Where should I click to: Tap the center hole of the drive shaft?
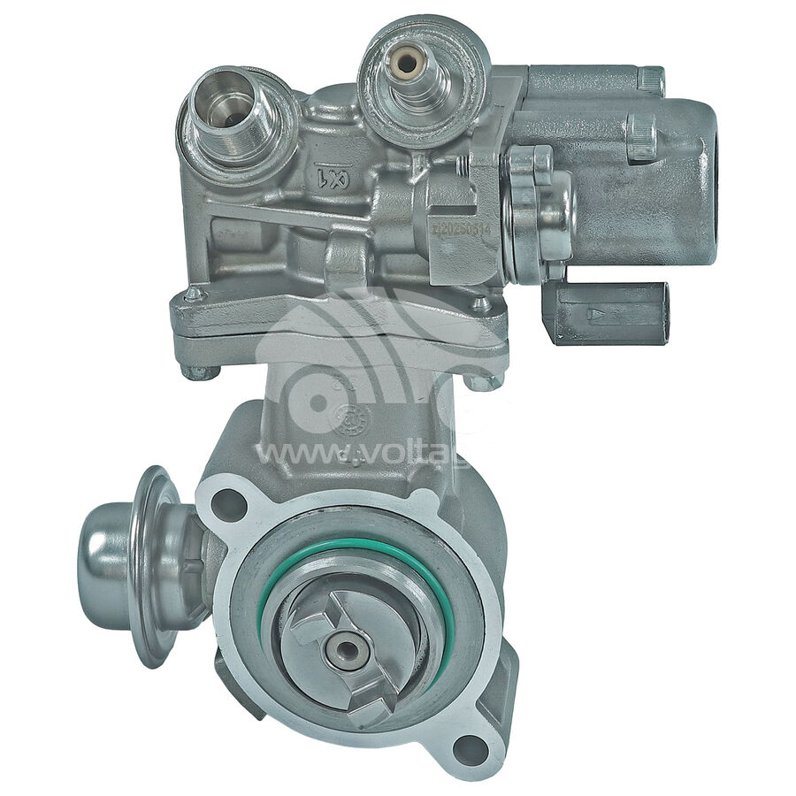pos(346,649)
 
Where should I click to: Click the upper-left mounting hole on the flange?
pos(227,504)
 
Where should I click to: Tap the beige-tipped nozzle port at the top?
pos(408,63)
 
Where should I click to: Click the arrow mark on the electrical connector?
pos(599,313)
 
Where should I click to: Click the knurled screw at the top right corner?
pos(651,80)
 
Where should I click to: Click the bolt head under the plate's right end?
pos(486,382)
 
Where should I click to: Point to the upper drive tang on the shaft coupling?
pos(311,624)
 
